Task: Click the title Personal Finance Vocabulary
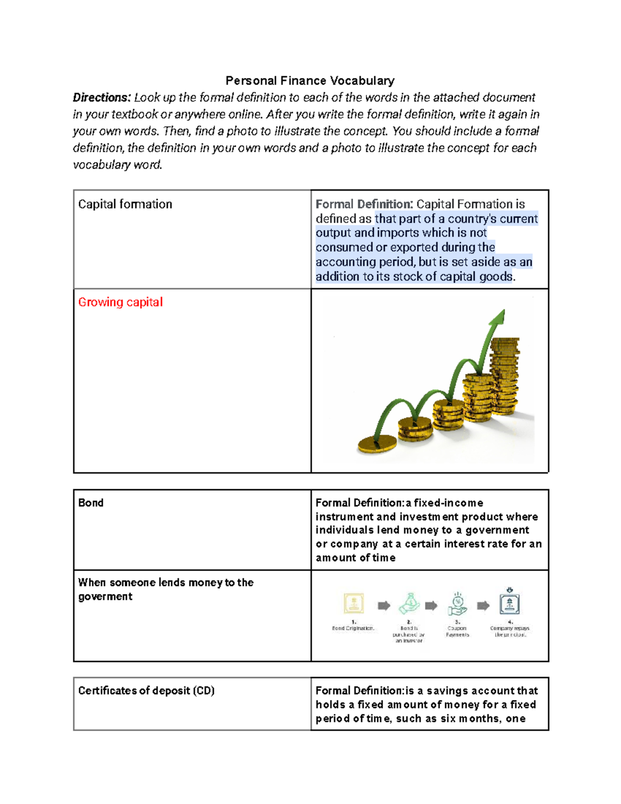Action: (x=310, y=81)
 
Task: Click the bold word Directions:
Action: (x=102, y=98)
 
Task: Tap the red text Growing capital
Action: (x=120, y=302)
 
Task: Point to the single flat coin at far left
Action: (x=377, y=445)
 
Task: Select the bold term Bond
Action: (x=91, y=503)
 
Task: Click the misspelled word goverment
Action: (x=105, y=597)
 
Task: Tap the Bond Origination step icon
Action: (x=354, y=604)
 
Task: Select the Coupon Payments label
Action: (x=457, y=632)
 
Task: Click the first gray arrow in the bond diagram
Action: (x=383, y=606)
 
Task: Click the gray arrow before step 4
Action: (x=483, y=606)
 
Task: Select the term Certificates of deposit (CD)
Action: (x=146, y=691)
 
